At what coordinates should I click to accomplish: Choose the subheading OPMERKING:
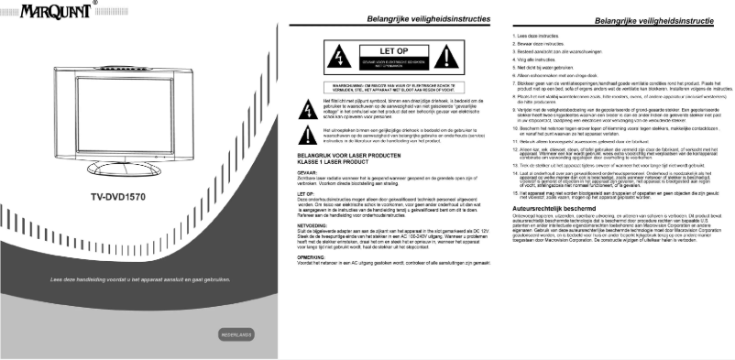click(x=316, y=257)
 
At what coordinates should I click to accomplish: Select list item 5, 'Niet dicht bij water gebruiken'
click(x=539, y=68)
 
